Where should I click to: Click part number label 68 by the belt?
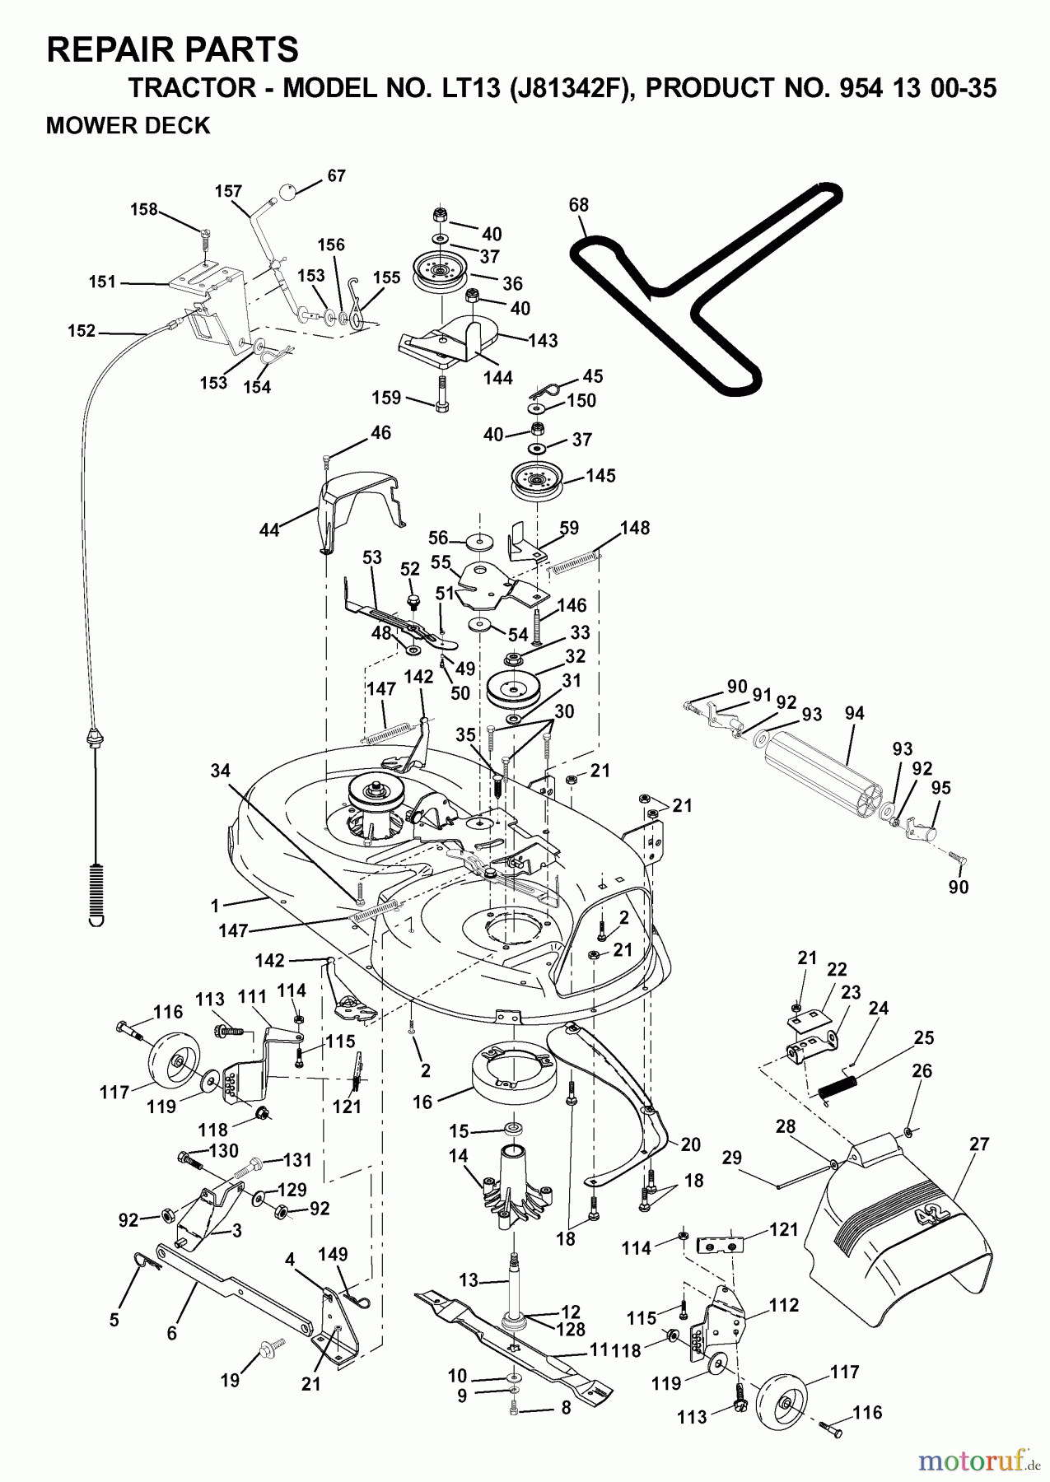[578, 204]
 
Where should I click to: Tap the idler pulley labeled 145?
[539, 481]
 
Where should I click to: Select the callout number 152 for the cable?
[82, 331]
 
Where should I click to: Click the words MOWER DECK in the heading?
[128, 125]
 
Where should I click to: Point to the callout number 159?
[386, 398]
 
